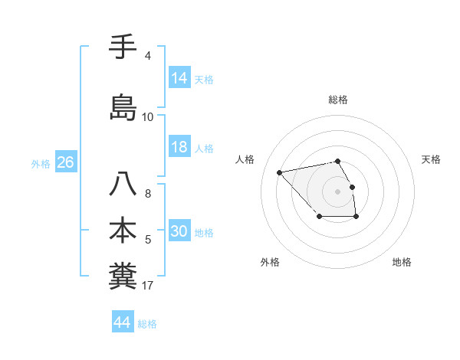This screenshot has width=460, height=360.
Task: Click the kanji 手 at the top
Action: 123,48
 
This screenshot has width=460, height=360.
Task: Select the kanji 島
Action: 123,106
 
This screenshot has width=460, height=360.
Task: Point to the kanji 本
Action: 123,231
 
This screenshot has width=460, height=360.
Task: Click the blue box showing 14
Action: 179,78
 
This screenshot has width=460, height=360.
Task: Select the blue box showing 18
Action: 179,148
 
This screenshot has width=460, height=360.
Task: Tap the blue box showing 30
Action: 179,232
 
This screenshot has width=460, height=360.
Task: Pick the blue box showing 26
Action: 65,163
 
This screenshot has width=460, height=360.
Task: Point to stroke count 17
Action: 148,286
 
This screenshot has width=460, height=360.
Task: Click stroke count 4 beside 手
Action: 147,55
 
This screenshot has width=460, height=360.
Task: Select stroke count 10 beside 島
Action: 147,117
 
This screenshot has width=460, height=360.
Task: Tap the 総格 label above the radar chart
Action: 338,100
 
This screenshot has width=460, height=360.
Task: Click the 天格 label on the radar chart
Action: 431,159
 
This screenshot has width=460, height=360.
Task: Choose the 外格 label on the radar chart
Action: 270,262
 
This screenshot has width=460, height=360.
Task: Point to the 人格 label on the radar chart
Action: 245,159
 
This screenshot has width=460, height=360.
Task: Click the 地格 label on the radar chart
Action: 402,262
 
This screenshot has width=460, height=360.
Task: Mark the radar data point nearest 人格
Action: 280,172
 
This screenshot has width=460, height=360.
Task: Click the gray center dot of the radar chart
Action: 338,191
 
